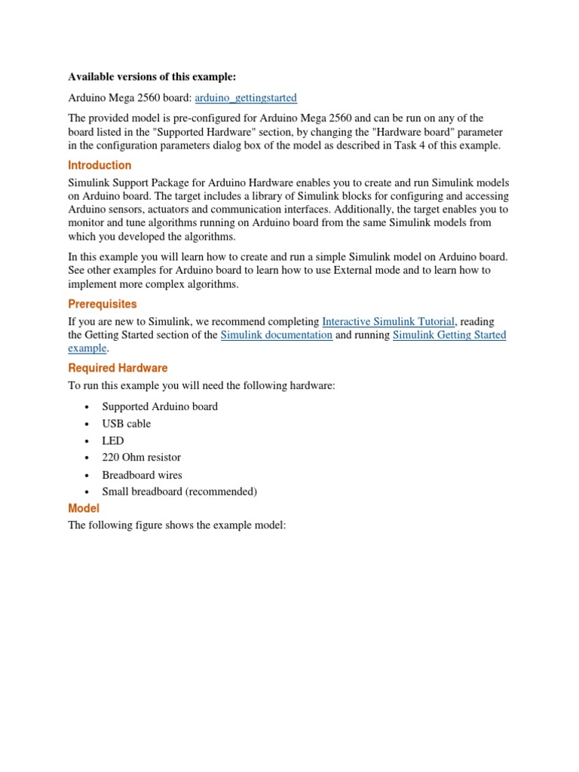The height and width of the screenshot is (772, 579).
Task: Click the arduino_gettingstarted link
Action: tap(246, 98)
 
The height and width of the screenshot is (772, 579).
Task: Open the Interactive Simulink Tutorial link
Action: tap(388, 321)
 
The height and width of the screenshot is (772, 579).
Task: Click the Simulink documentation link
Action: tap(276, 335)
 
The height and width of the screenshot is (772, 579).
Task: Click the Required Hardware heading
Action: tap(118, 368)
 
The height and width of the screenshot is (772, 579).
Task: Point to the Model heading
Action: tap(84, 509)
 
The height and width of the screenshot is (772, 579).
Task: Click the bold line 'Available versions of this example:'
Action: tap(152, 77)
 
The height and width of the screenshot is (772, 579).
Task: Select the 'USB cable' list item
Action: tap(126, 424)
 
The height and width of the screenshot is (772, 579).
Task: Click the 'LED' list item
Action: tap(113, 441)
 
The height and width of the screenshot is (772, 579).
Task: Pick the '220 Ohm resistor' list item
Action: tap(141, 458)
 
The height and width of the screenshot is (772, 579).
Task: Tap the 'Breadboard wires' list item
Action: tap(142, 475)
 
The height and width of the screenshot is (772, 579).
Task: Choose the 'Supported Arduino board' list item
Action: tap(160, 406)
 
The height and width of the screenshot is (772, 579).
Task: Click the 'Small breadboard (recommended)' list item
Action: tap(179, 492)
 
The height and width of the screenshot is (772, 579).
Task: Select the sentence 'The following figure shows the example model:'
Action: tap(177, 525)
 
